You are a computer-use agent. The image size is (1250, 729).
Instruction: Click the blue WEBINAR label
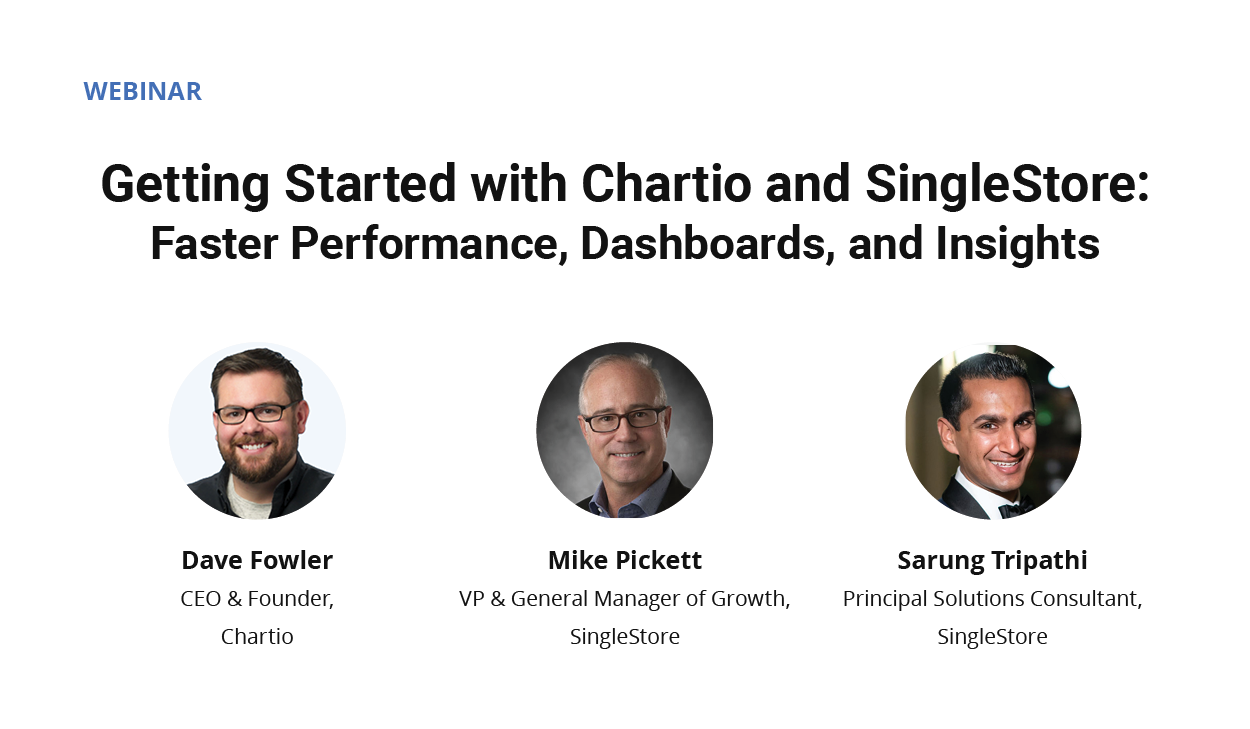click(142, 91)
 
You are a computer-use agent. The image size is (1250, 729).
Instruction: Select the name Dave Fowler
click(257, 560)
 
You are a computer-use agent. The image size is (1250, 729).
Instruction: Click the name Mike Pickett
click(625, 560)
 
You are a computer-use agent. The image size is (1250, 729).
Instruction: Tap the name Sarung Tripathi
click(992, 560)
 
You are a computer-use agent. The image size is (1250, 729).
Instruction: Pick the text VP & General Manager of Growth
click(625, 599)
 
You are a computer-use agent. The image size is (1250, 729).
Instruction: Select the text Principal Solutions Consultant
click(992, 599)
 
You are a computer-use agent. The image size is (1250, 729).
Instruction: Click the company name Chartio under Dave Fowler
click(257, 637)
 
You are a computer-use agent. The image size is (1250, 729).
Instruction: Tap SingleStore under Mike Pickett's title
click(625, 637)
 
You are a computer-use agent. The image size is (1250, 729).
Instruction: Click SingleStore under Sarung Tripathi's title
click(992, 637)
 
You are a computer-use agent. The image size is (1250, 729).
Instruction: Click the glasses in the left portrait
click(254, 413)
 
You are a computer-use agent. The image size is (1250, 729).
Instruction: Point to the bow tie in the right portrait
click(1016, 506)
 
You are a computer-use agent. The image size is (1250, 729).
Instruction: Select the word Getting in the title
click(185, 184)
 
